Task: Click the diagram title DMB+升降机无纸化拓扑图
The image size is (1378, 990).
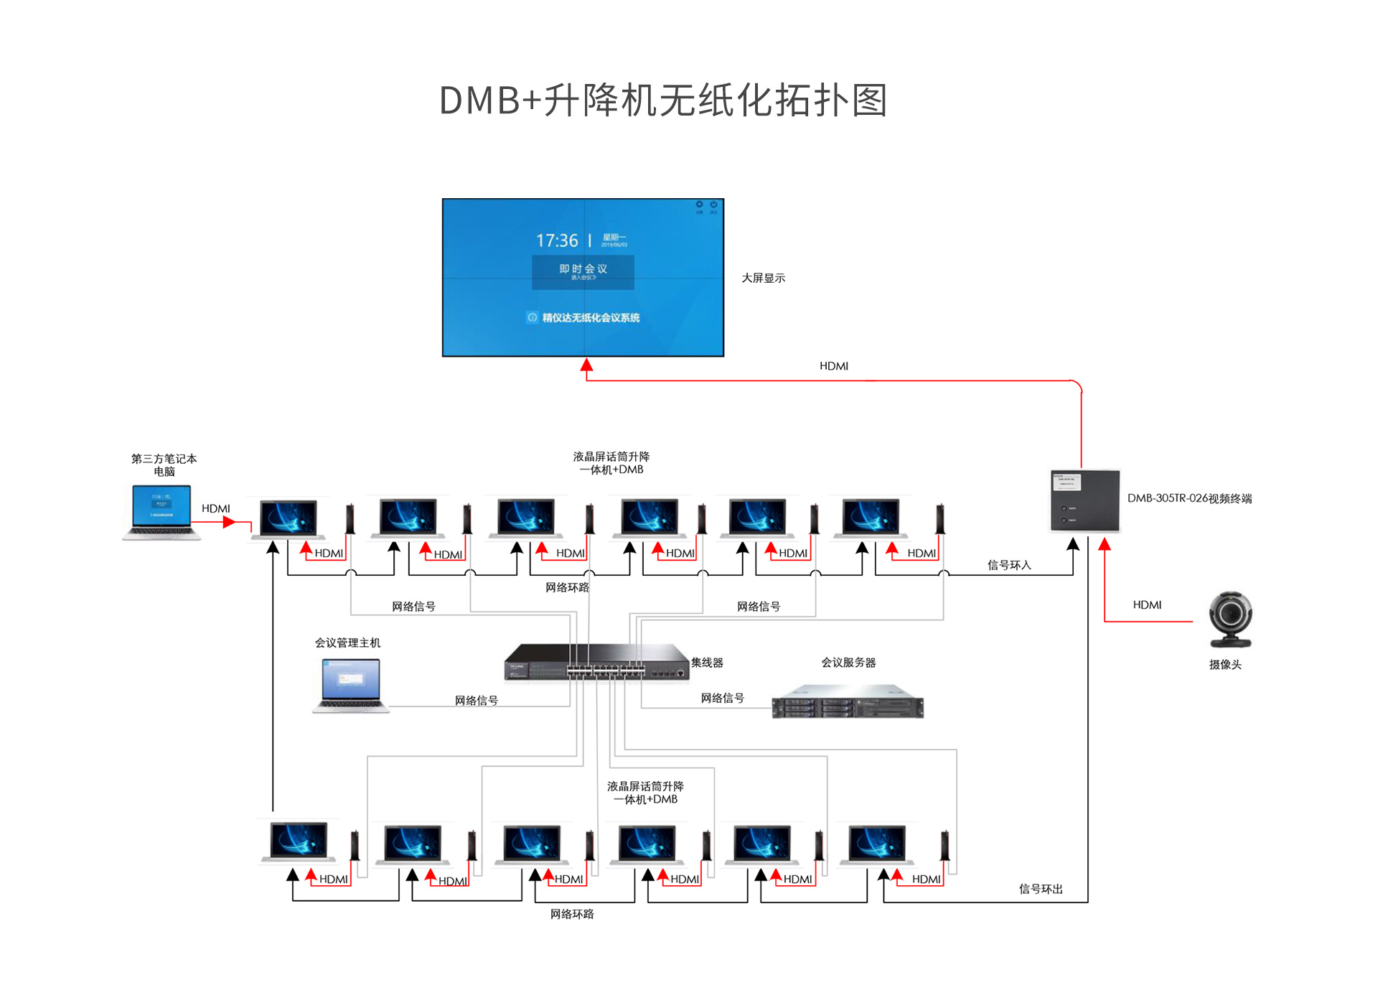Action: click(x=663, y=101)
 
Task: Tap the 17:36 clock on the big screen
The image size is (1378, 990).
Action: click(x=557, y=241)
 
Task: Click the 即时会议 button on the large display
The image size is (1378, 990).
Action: click(x=583, y=271)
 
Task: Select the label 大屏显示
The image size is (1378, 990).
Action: click(x=763, y=278)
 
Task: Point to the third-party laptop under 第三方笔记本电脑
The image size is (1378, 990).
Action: click(x=161, y=512)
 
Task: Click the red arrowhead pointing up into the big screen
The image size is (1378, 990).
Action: click(x=586, y=365)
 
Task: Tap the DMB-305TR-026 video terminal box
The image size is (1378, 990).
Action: click(x=1084, y=500)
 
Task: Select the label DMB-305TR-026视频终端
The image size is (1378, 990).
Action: click(x=1189, y=498)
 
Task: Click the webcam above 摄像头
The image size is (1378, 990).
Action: click(x=1230, y=618)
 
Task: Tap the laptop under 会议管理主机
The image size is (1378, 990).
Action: click(x=350, y=685)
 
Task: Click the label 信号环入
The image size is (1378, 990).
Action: click(x=1008, y=565)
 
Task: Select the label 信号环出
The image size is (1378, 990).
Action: click(x=1040, y=889)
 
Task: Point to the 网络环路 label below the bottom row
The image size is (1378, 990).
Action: click(x=572, y=914)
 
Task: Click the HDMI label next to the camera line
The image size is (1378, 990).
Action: click(x=1147, y=605)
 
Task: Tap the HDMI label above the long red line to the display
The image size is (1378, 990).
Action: click(x=833, y=366)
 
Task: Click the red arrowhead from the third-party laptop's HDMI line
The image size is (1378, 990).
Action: click(x=230, y=522)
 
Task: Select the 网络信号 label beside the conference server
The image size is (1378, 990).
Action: click(x=722, y=698)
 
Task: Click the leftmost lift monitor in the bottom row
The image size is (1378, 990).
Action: click(x=299, y=841)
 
